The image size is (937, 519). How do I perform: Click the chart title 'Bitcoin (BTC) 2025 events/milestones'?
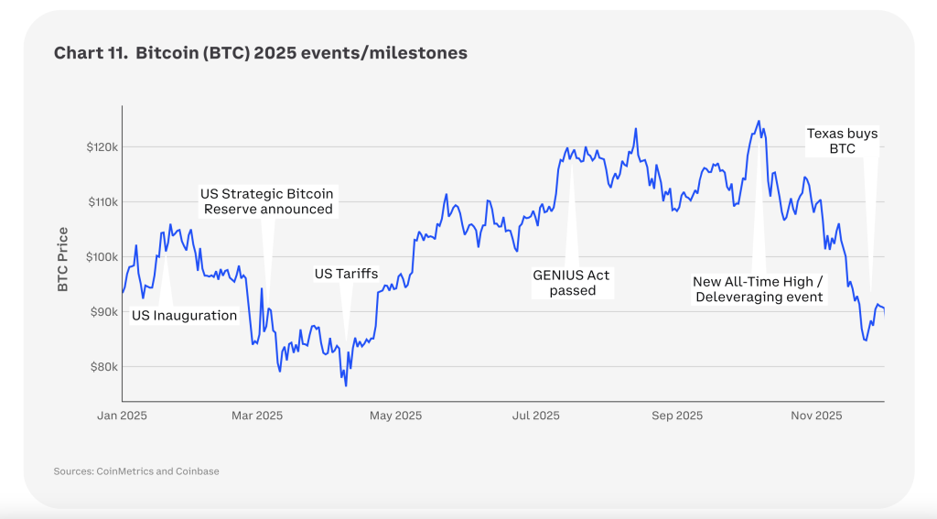[x=301, y=53]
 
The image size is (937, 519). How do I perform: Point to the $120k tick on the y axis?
[x=102, y=147]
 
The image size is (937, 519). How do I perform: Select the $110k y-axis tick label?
[x=103, y=202]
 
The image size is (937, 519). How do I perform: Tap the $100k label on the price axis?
[x=102, y=257]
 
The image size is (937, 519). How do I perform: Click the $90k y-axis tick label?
[x=104, y=312]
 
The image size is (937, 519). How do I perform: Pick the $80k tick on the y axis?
[x=104, y=367]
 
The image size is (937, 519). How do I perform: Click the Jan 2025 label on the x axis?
[x=122, y=416]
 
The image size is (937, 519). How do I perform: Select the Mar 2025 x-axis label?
[x=257, y=416]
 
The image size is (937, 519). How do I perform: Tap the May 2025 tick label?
[x=395, y=416]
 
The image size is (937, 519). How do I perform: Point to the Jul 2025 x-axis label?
[x=536, y=416]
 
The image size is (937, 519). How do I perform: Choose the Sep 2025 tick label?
[x=677, y=416]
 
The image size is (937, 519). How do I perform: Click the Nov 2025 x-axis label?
[x=816, y=416]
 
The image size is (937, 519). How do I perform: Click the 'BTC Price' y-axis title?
[x=63, y=260]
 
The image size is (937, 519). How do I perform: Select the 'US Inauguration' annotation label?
[x=184, y=316]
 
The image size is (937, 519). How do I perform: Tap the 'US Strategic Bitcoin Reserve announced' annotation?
[x=267, y=201]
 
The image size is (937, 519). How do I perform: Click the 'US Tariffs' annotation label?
[x=346, y=274]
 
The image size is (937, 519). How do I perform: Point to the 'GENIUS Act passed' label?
[x=571, y=283]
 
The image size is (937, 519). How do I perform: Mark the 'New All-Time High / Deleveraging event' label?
[x=759, y=289]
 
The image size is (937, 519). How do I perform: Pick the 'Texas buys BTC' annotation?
[x=842, y=141]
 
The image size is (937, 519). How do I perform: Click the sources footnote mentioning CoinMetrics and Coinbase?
[x=136, y=471]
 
